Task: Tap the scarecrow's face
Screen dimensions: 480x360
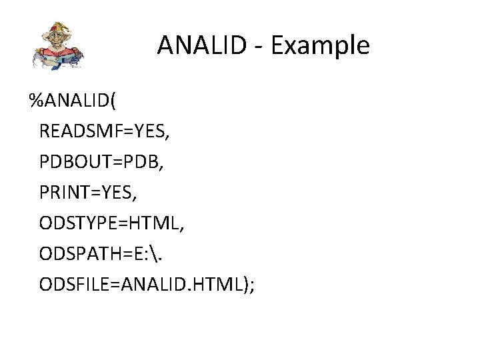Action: click(56, 40)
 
